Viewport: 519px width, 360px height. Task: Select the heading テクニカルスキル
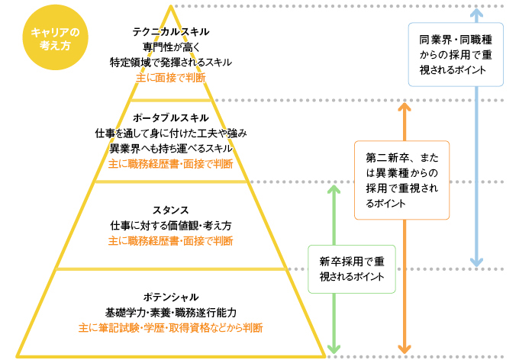pyautogui.click(x=171, y=32)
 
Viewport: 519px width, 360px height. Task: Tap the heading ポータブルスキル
pyautogui.click(x=171, y=118)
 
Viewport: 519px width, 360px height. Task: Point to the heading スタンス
pyautogui.click(x=170, y=210)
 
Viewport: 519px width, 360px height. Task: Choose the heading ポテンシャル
pyautogui.click(x=171, y=297)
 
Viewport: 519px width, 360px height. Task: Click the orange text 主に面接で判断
pyautogui.click(x=171, y=77)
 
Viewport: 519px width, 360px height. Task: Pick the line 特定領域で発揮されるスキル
pyautogui.click(x=171, y=62)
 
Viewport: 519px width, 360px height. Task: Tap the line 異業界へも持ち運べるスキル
pyautogui.click(x=171, y=148)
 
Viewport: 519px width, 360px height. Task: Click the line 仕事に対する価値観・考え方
pyautogui.click(x=171, y=226)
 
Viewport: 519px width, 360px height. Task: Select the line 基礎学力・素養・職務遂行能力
pyautogui.click(x=171, y=313)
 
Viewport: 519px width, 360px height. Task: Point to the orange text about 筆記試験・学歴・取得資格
pyautogui.click(x=171, y=328)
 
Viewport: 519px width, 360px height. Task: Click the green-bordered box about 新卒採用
pyautogui.click(x=351, y=269)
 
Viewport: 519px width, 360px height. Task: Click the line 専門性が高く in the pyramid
pyautogui.click(x=171, y=47)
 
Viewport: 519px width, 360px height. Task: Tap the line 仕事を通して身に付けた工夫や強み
pyautogui.click(x=171, y=133)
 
